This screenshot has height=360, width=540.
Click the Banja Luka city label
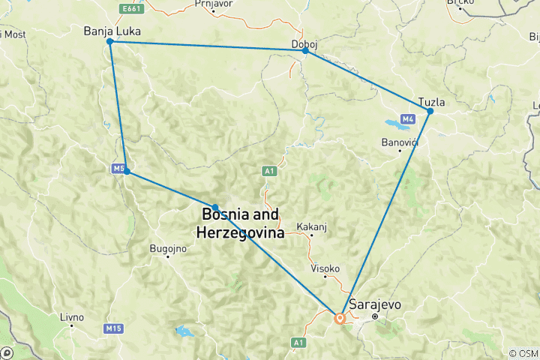(113, 31)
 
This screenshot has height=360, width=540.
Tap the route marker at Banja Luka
(110, 42)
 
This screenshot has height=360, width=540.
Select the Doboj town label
(304, 43)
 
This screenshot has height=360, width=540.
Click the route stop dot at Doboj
(305, 51)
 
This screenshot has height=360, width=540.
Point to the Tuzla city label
(433, 100)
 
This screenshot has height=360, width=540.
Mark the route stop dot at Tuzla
(430, 112)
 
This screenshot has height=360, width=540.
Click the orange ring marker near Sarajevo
(340, 318)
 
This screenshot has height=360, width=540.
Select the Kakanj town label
(312, 225)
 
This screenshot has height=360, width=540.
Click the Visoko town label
(325, 268)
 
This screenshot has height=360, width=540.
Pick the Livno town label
(72, 316)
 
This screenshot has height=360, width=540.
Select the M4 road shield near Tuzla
(408, 119)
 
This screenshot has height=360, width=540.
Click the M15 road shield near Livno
(113, 328)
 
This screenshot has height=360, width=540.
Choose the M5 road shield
(118, 169)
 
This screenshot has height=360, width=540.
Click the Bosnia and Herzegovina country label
(240, 223)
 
